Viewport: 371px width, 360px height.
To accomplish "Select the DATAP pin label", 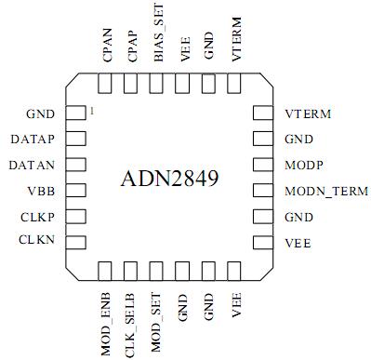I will pyautogui.click(x=35, y=140).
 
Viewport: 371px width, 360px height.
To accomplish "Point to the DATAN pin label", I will pyautogui.click(x=35, y=165).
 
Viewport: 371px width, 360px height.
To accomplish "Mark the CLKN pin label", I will pyautogui.click(x=39, y=241).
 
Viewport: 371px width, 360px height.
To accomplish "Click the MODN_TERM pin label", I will pyautogui.click(x=326, y=192).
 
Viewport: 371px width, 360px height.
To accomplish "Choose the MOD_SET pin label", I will pyautogui.click(x=157, y=319).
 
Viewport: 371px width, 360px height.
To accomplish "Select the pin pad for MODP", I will pyautogui.click(x=264, y=166).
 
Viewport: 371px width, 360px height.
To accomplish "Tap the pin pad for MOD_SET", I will pyautogui.click(x=157, y=271).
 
